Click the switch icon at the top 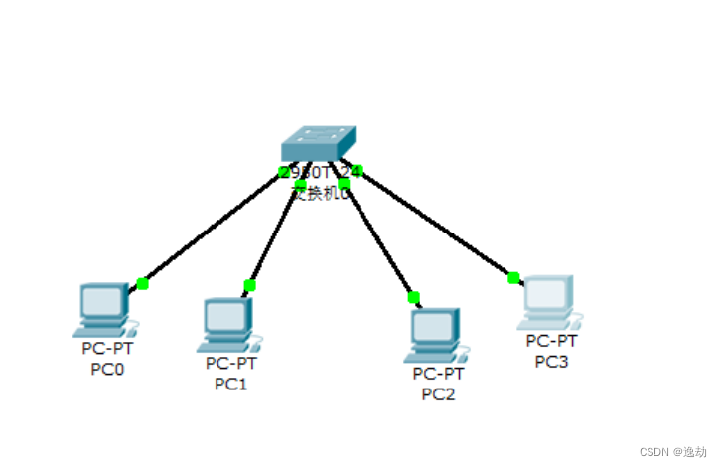317,144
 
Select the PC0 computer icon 103,309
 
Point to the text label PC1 230,384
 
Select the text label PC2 438,393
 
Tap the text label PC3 551,361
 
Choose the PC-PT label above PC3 551,342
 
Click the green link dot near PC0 142,284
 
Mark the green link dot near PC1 249,286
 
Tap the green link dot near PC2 413,297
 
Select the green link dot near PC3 513,278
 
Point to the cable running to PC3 437,225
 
